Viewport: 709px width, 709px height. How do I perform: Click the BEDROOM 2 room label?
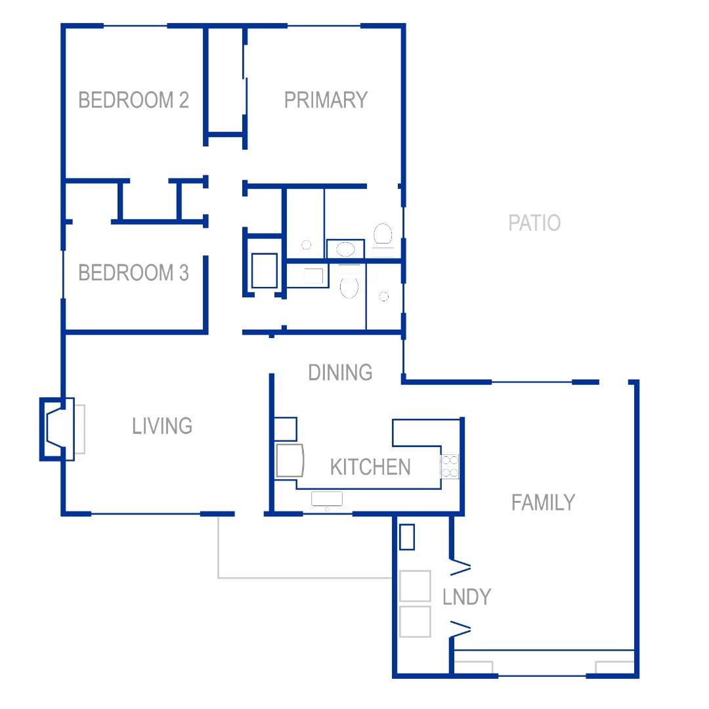[133, 100]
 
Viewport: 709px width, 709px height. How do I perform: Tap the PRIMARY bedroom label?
[326, 100]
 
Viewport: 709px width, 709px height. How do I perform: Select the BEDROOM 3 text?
[133, 272]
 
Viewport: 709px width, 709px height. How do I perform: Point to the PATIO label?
[534, 223]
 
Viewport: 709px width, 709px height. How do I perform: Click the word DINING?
[340, 373]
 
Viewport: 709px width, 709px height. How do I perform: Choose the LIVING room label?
[162, 426]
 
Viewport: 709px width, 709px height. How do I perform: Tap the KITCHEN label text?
[370, 467]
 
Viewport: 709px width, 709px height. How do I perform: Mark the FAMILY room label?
[543, 502]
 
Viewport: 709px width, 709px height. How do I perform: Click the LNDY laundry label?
[467, 597]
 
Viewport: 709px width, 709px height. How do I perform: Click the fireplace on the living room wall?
[57, 429]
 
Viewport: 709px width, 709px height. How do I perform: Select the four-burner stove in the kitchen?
[450, 467]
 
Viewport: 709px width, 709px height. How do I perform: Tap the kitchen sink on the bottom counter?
[326, 499]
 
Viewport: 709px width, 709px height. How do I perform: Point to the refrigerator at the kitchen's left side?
[290, 460]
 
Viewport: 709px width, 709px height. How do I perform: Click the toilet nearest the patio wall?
[383, 234]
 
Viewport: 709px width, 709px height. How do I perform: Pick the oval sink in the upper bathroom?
[345, 249]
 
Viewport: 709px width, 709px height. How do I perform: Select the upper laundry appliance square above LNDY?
[415, 586]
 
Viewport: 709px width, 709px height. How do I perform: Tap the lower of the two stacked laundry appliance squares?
[415, 622]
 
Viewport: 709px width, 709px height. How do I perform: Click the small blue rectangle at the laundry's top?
[407, 537]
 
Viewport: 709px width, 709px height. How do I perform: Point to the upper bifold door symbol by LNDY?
[460, 567]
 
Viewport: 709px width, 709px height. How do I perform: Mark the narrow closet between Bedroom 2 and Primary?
[225, 81]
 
